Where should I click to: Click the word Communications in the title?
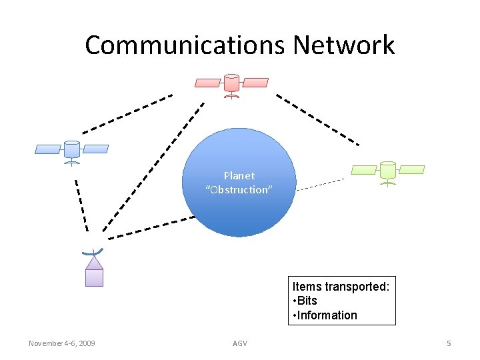pos(185,45)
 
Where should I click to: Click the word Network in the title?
pos(344,45)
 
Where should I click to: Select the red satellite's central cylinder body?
pos(231,83)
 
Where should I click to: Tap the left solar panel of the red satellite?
pos(207,83)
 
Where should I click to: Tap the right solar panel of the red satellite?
pos(255,83)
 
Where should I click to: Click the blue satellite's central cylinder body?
pos(71,149)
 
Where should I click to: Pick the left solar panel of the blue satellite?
pos(48,149)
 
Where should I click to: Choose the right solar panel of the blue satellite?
pos(95,149)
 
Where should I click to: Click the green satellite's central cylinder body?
pos(387,170)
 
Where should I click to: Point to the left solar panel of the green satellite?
pos(364,169)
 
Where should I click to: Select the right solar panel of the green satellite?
pos(411,169)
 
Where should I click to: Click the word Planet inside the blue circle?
pos(239,176)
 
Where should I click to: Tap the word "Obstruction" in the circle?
pos(239,190)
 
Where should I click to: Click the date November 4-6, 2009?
pos(61,343)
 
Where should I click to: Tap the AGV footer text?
pos(239,343)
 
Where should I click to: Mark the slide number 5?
pos(449,343)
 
